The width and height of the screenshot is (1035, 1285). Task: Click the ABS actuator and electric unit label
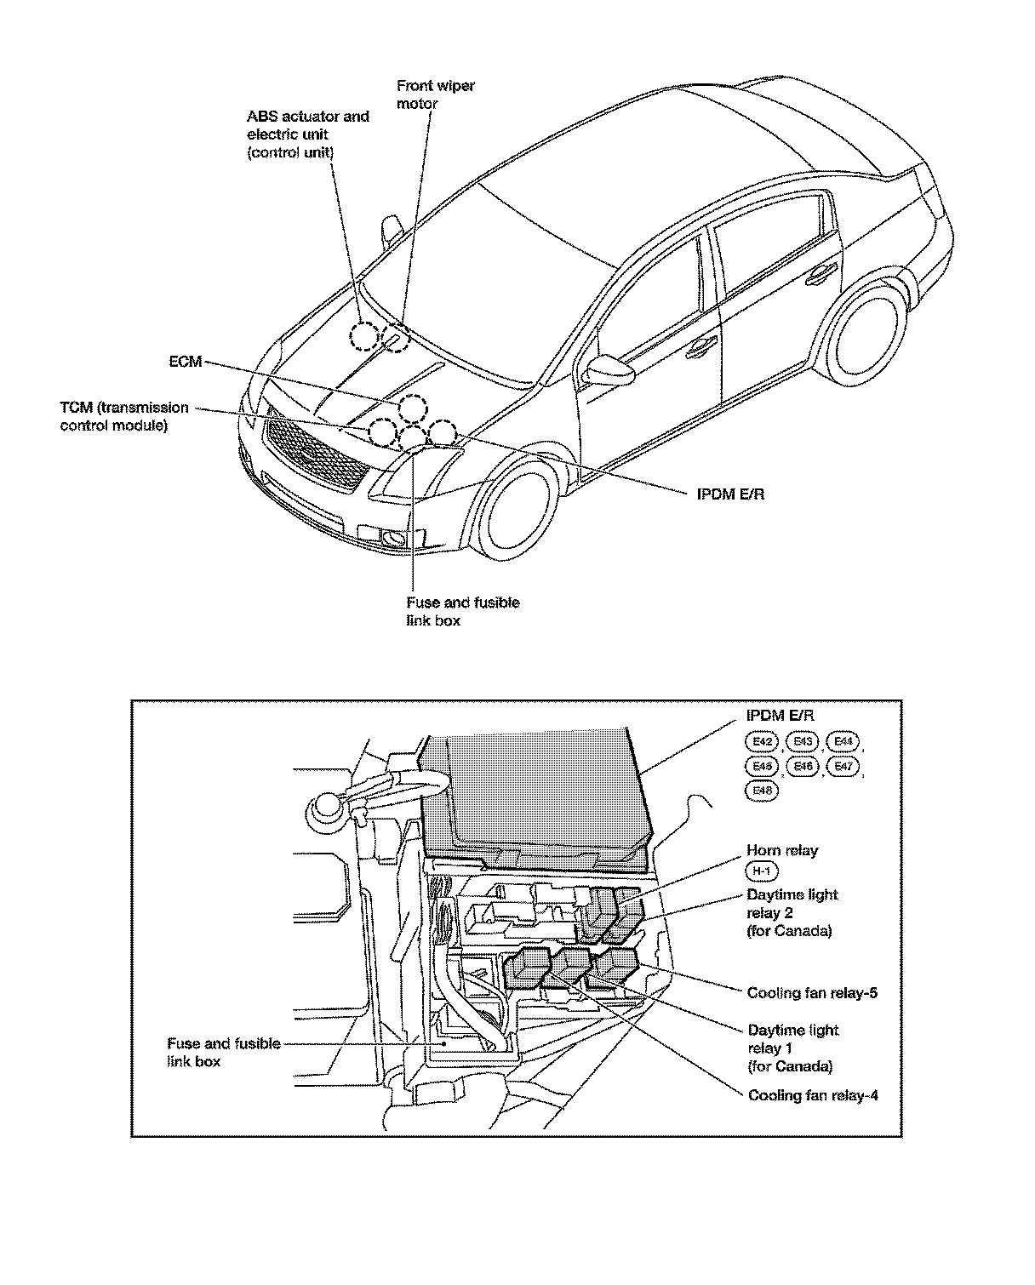click(x=307, y=134)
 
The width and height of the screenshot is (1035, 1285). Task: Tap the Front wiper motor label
click(x=435, y=94)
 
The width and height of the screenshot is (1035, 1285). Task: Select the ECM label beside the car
click(x=185, y=362)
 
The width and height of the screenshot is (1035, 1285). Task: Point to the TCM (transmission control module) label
click(x=124, y=416)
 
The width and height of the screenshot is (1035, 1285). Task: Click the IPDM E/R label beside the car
click(x=729, y=494)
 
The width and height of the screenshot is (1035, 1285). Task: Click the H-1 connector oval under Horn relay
click(x=761, y=871)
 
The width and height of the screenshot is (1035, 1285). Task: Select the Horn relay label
click(x=781, y=850)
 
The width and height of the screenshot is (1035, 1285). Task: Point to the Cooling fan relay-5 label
click(x=812, y=992)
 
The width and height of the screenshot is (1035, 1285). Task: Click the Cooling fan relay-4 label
click(x=812, y=1095)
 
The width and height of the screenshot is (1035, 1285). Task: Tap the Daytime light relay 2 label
click(x=792, y=912)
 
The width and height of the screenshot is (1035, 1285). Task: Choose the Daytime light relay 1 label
click(x=792, y=1048)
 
